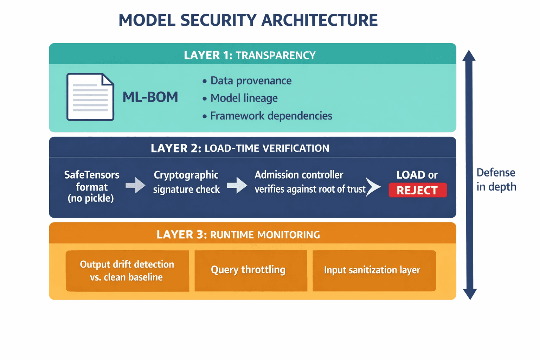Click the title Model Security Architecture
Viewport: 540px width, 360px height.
248,20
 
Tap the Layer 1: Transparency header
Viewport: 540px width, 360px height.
250,55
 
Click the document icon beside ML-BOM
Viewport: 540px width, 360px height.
90,97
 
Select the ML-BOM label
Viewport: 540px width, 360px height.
150,97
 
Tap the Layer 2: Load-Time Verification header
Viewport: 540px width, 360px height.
240,148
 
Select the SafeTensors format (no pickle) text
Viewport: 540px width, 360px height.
91,186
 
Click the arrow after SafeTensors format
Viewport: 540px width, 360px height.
135,185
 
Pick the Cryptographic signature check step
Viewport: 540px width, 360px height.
186,182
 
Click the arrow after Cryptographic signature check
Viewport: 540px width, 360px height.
237,185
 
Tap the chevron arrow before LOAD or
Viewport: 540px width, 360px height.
373,187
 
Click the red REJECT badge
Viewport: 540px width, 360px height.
417,190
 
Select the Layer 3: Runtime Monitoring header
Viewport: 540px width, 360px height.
238,234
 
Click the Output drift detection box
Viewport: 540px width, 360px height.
127,271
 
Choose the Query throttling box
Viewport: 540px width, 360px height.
248,270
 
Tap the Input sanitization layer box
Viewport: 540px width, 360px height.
372,270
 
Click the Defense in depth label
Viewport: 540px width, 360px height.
496,180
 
